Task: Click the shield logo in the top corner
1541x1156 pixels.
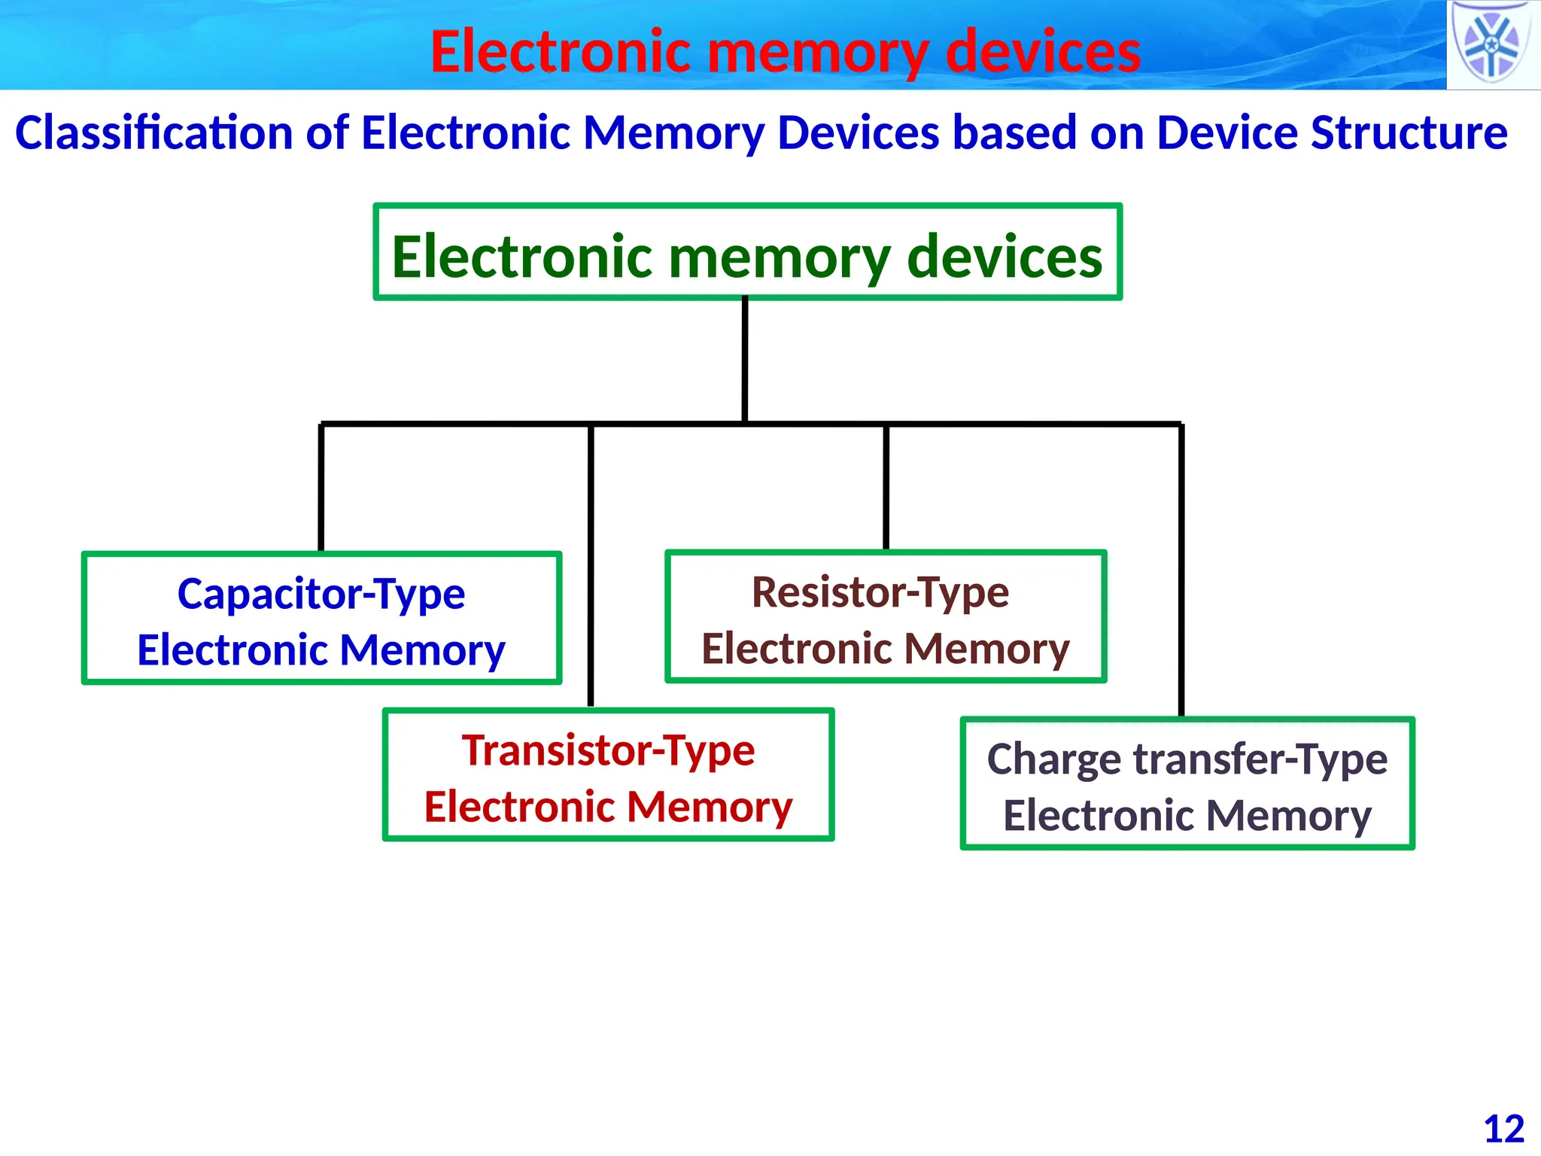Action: [x=1492, y=44]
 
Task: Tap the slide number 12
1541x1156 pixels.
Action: [x=1503, y=1129]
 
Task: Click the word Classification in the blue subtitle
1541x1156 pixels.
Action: [x=154, y=133]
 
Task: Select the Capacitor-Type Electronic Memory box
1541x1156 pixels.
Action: [x=321, y=619]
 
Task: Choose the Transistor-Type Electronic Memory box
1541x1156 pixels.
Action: [x=608, y=775]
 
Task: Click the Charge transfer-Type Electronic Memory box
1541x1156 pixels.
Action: [x=1187, y=784]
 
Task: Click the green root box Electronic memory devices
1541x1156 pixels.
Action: [x=747, y=252]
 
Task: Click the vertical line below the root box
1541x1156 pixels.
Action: [x=745, y=360]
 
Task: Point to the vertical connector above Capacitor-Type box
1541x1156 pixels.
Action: [x=321, y=488]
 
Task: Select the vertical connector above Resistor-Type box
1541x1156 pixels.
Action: [x=886, y=488]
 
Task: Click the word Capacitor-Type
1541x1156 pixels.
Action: [x=321, y=594]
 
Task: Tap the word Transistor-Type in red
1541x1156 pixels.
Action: [x=608, y=750]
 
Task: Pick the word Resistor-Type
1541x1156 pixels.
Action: [x=880, y=592]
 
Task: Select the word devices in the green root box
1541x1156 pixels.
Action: [x=1005, y=257]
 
